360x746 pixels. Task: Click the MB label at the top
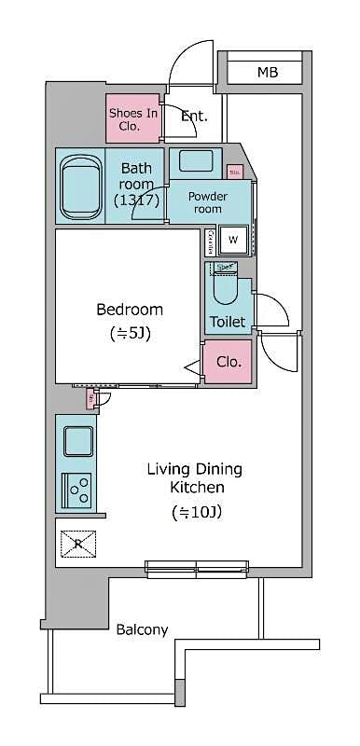268,72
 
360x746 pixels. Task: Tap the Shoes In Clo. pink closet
132,118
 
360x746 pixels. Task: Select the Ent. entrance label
194,117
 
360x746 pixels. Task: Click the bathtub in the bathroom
79,186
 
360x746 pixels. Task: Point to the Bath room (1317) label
136,185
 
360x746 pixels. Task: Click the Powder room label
208,202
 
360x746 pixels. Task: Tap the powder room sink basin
197,160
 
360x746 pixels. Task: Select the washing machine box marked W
233,240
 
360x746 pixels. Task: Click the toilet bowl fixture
225,289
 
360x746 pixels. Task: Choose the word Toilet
228,322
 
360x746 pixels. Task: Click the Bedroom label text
130,310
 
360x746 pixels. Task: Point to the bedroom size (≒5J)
130,333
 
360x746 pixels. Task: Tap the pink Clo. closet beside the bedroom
228,362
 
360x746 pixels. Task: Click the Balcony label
142,629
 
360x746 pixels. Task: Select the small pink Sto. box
234,172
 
